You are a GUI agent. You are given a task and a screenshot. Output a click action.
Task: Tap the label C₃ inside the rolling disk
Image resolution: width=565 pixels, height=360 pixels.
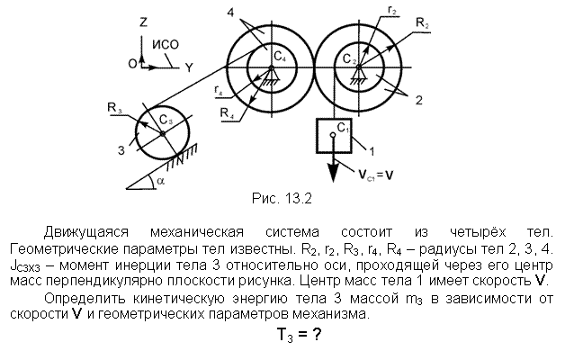coord(166,120)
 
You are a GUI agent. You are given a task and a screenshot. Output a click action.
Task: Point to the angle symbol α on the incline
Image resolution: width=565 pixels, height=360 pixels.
coord(160,181)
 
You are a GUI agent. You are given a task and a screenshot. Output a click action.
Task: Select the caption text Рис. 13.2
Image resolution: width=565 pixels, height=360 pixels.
coord(282,199)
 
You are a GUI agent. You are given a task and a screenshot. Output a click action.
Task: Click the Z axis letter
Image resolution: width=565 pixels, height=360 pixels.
coord(143,22)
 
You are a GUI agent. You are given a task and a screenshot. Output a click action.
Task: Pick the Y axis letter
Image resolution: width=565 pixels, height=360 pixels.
coord(189,67)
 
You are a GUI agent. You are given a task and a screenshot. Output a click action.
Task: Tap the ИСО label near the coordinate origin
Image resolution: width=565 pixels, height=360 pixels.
coord(166,45)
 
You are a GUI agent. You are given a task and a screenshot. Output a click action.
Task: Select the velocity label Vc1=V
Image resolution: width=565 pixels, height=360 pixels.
coord(376,175)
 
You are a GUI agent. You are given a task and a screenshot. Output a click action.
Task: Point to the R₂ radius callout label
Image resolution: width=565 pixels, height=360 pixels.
coord(423,23)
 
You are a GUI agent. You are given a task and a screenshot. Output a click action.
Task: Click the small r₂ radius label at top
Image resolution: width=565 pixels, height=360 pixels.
coord(392,11)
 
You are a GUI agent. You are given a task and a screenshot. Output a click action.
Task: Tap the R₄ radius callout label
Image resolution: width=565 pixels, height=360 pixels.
coord(228,113)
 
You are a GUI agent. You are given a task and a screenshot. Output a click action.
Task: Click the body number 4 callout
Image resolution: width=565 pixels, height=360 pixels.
coord(230,13)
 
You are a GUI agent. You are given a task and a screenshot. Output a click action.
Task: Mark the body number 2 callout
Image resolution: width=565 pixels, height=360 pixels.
coord(418,100)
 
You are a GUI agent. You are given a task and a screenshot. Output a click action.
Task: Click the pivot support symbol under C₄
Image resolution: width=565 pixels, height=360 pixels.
coord(272,76)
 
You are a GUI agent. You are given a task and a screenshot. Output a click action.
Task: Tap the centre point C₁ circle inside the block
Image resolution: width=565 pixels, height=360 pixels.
coord(333,135)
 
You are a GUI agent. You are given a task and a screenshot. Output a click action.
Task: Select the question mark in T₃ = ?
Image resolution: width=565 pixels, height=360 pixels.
coord(316,335)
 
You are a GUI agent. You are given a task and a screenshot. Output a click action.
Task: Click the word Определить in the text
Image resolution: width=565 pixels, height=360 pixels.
coord(85,299)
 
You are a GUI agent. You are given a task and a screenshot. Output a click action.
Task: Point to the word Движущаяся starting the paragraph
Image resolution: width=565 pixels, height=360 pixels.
coord(86,232)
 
